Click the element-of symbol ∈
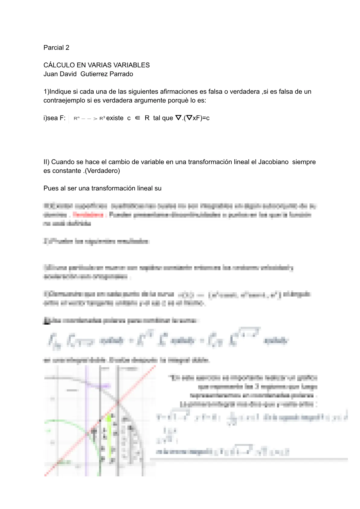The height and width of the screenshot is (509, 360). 137,118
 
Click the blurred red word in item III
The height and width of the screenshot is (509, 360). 88,215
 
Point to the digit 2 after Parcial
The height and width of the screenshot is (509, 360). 67,47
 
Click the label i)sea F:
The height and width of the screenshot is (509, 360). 54,118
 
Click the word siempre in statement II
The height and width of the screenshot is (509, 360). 304,162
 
